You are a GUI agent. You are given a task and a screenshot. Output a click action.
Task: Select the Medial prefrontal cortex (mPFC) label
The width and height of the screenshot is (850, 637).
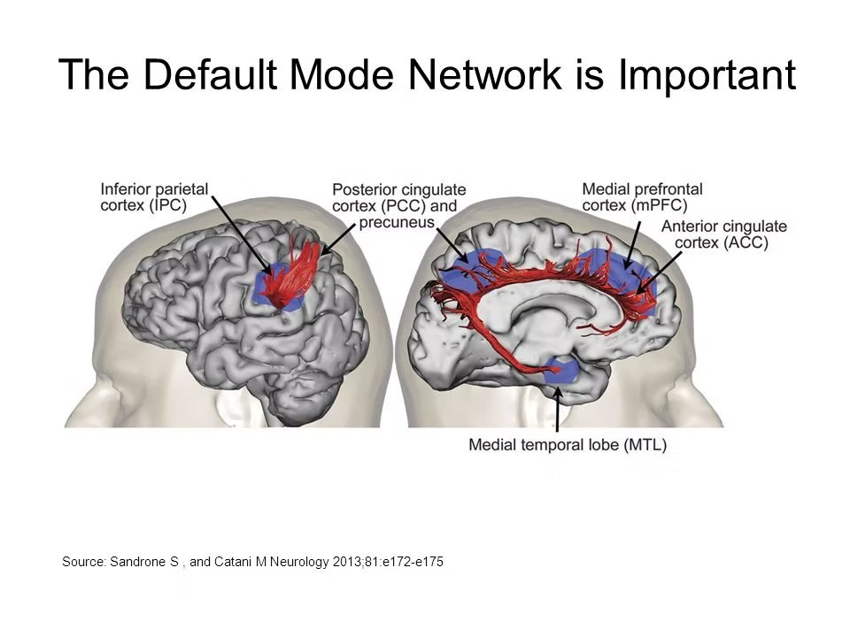(642, 196)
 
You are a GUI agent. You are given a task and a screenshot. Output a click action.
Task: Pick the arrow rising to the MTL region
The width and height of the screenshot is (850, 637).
(557, 408)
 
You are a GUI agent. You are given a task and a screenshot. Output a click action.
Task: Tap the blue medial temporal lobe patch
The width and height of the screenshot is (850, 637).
(561, 370)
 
